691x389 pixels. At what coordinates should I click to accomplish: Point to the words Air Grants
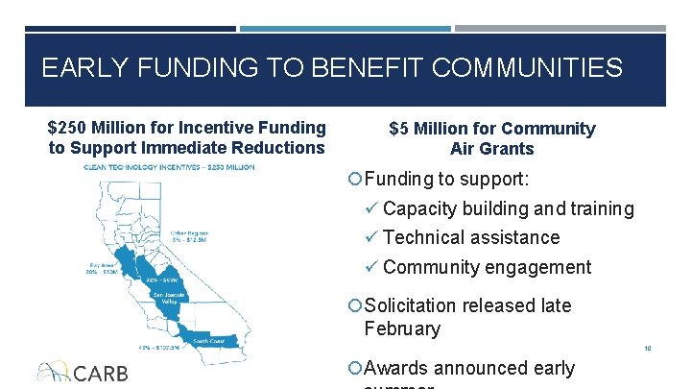(491, 149)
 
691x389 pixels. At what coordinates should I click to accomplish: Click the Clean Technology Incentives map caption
(169, 167)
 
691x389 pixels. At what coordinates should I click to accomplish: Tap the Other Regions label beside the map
(190, 233)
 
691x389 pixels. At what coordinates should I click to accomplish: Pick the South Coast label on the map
(209, 340)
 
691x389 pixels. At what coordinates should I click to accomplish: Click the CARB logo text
(100, 373)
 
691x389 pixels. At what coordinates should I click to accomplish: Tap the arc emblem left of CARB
(53, 371)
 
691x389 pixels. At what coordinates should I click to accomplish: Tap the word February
(402, 329)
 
